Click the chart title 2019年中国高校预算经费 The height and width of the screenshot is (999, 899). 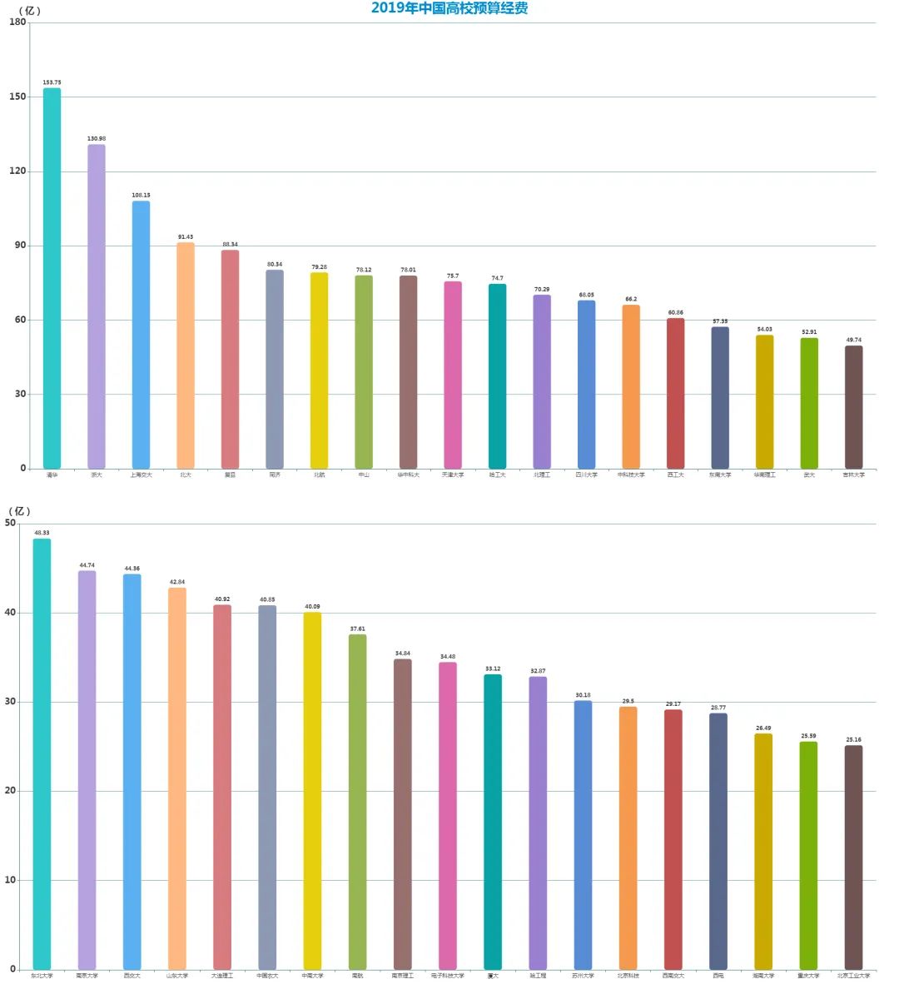[x=449, y=8]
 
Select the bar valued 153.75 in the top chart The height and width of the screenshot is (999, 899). [x=52, y=279]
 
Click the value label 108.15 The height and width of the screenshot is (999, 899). [x=141, y=196]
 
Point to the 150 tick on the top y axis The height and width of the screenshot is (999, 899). [x=17, y=97]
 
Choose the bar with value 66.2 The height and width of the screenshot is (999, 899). [x=631, y=387]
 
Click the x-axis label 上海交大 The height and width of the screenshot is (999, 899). [x=141, y=475]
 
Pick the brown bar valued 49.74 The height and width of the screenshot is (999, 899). [x=853, y=407]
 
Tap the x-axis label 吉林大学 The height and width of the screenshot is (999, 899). [x=853, y=475]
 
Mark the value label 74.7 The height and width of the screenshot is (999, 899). [x=497, y=279]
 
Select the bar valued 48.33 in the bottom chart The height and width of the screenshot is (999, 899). [x=42, y=754]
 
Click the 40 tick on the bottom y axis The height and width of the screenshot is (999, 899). [x=10, y=613]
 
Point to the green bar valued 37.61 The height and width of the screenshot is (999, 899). [x=357, y=802]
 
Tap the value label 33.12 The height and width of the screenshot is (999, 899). [x=493, y=669]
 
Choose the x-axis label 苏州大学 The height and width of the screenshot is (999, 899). [x=583, y=976]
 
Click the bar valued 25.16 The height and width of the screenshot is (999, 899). [x=853, y=857]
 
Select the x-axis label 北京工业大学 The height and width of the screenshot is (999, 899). [x=853, y=976]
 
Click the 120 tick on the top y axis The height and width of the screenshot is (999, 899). [x=17, y=171]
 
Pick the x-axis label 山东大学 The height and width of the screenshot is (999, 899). [x=177, y=976]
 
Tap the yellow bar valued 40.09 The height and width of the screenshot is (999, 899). [x=312, y=791]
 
